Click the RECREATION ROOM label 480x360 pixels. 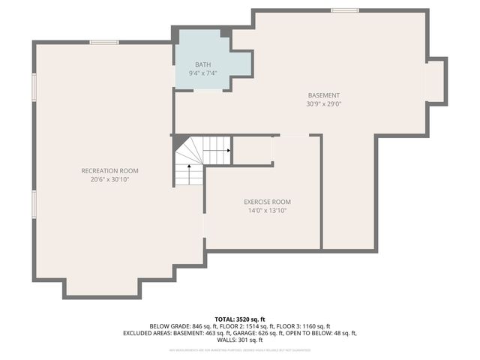tap(109, 171)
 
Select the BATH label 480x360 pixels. tap(203, 64)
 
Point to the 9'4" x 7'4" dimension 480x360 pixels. tap(203, 73)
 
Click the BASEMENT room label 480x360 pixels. tap(324, 95)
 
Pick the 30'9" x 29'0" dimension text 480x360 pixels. tap(324, 104)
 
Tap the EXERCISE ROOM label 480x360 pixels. tap(267, 202)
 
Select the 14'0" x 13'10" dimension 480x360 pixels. tap(267, 211)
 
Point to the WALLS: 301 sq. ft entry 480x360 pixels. tap(240, 340)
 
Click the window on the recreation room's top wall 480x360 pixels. tap(103, 42)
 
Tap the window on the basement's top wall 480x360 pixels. tap(344, 10)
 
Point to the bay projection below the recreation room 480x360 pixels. tap(102, 287)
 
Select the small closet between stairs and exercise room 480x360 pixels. tap(252, 150)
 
